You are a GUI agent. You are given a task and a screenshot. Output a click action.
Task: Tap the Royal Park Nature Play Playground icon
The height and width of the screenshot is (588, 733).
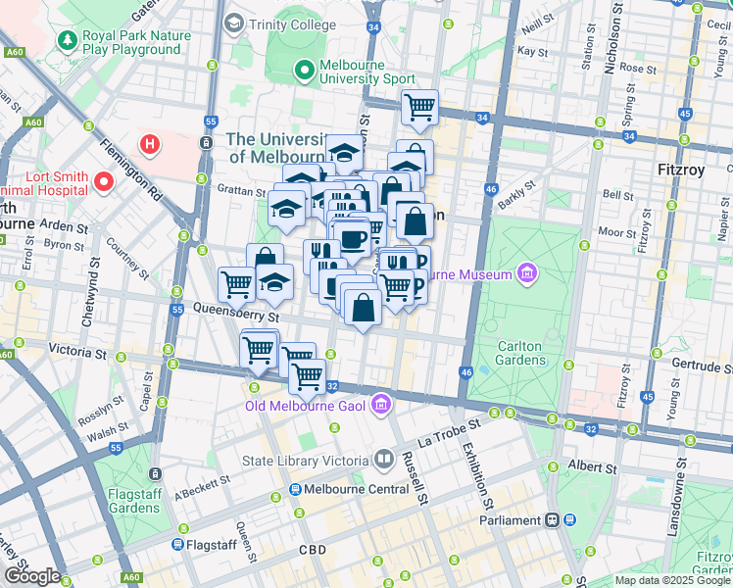point(67,41)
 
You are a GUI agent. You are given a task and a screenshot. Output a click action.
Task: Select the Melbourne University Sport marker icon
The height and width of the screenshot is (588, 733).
point(305,71)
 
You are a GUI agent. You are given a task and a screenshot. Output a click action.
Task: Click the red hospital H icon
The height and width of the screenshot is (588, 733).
point(149,146)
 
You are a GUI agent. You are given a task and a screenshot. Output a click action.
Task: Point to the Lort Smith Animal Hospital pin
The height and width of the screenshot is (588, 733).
point(103,182)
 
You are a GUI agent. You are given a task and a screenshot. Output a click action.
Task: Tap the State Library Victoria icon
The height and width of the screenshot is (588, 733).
point(384,460)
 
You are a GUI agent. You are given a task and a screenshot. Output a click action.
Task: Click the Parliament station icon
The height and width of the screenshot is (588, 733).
point(554,520)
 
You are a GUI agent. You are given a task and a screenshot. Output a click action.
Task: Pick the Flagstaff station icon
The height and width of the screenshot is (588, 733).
point(177,544)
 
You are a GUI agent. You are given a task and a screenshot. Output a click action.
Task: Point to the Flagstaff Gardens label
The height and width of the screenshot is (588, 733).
point(134,501)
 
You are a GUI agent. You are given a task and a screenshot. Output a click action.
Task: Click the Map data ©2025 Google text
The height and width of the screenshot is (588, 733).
point(671,580)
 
